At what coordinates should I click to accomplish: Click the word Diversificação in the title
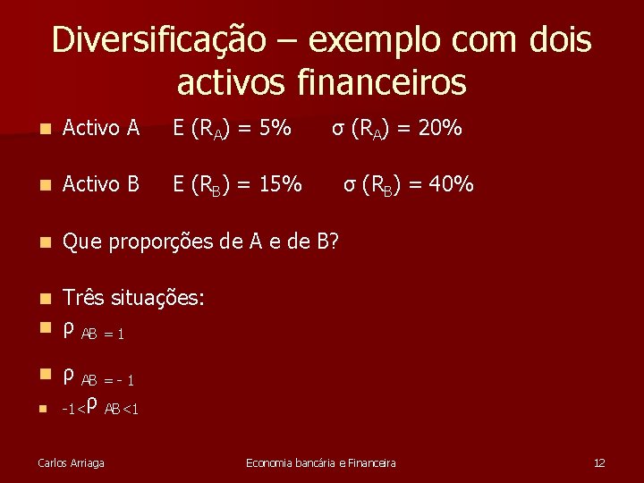tap(158, 40)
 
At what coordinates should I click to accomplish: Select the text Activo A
tap(101, 129)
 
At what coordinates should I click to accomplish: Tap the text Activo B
tap(101, 184)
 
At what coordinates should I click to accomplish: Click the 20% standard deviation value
tap(440, 129)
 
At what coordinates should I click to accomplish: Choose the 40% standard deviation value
tap(452, 184)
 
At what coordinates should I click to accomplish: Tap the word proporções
tap(162, 241)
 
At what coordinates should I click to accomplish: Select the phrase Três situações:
tap(134, 298)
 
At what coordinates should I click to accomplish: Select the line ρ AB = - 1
tap(98, 377)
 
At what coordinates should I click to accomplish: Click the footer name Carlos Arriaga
tap(71, 462)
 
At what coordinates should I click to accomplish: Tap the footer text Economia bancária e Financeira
tap(321, 462)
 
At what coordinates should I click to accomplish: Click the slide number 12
tap(599, 462)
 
